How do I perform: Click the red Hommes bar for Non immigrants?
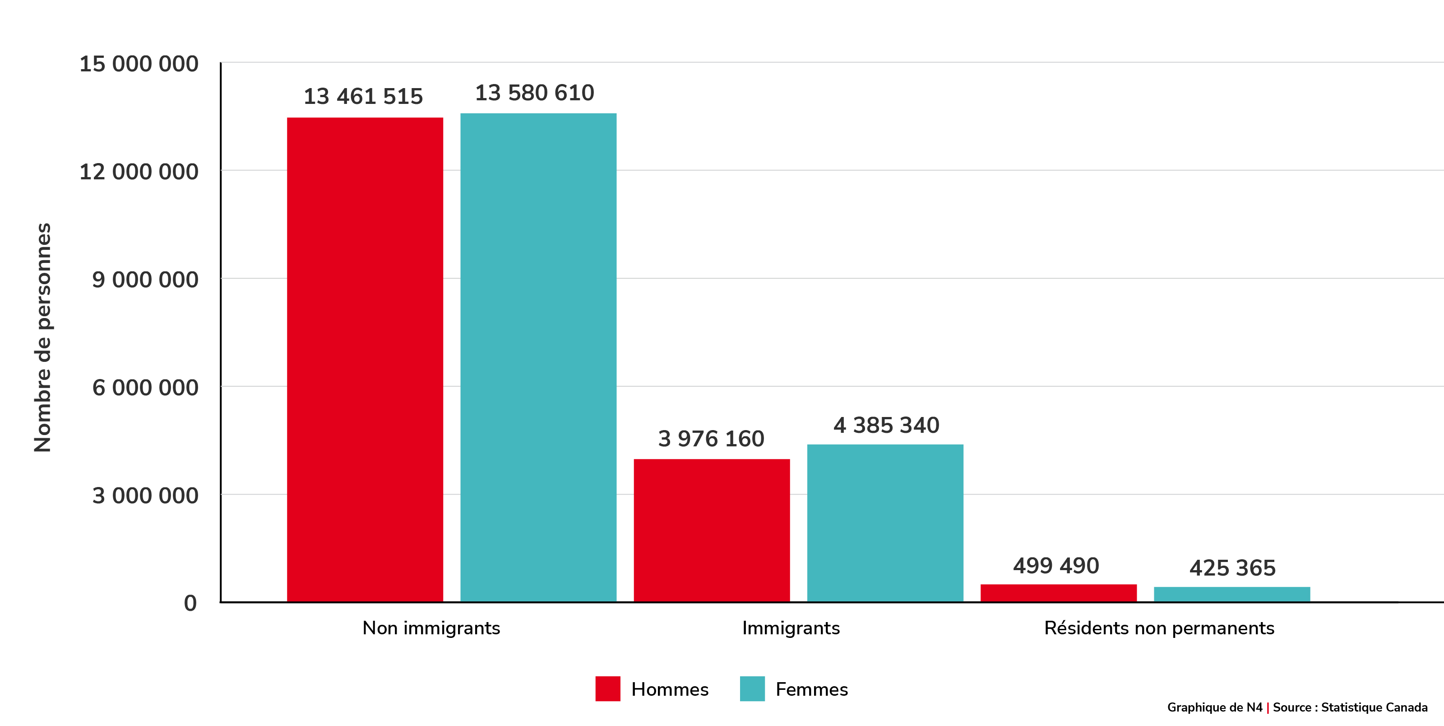click(365, 359)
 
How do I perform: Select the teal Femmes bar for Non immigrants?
click(538, 357)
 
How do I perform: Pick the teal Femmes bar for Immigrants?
click(885, 523)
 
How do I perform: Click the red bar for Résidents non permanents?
click(1058, 593)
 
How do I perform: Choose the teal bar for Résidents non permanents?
click(1231, 594)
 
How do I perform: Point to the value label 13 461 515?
click(363, 97)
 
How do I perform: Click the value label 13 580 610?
click(535, 93)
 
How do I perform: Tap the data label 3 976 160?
click(711, 439)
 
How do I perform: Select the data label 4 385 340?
click(886, 425)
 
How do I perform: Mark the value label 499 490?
click(1056, 566)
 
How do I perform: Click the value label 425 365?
click(1233, 568)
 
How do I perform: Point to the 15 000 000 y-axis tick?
click(139, 64)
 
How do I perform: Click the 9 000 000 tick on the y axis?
click(145, 279)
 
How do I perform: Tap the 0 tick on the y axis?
click(190, 603)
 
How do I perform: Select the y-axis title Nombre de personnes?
click(42, 338)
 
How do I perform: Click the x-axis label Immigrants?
click(791, 628)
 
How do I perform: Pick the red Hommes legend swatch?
click(608, 689)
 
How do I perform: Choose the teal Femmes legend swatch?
click(752, 689)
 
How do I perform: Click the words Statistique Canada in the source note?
click(1374, 707)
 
